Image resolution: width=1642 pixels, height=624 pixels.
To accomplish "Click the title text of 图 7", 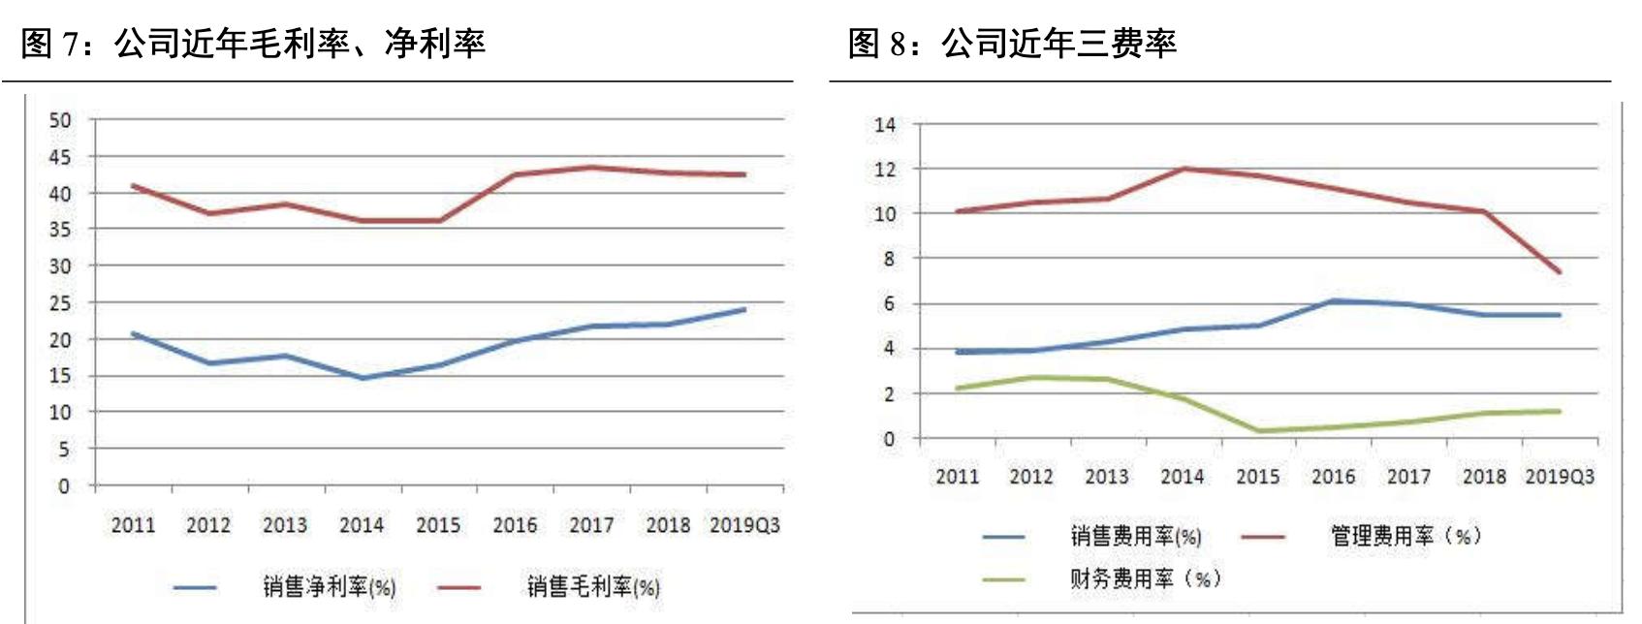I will (x=253, y=44).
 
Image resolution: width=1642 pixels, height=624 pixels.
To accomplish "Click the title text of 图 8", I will (x=1012, y=44).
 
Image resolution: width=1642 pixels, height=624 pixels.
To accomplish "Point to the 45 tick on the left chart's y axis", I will (x=60, y=157).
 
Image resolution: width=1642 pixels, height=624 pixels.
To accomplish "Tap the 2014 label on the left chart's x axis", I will (x=362, y=525).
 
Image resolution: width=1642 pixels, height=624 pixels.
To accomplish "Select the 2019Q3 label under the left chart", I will (x=744, y=525).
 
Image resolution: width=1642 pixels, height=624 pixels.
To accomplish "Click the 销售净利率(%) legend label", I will (x=330, y=586).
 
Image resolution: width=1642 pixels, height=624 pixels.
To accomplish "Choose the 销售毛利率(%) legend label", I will (x=593, y=586).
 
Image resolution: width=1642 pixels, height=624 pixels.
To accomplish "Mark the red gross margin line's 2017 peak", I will (x=591, y=168).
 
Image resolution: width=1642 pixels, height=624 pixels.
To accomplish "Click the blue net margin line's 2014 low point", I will (x=363, y=378).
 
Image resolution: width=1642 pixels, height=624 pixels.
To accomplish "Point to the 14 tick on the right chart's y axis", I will (x=885, y=124).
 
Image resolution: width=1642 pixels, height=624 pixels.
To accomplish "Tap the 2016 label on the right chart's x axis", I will (x=1333, y=477).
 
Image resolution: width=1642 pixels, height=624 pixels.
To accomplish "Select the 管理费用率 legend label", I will (x=1405, y=536).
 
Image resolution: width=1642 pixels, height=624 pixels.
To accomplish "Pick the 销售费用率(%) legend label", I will (x=1136, y=536).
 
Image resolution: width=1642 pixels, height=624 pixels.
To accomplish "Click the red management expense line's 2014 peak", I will (x=1184, y=169).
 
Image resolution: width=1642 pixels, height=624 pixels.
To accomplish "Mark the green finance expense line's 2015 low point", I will (x=1258, y=431).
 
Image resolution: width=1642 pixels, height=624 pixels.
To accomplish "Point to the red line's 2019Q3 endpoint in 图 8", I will (x=1560, y=272).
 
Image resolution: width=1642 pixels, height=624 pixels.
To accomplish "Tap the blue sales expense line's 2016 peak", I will (x=1334, y=301).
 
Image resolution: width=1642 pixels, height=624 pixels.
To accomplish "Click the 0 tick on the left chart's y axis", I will (x=64, y=485).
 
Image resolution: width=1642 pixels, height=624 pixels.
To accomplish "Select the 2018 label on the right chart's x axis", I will (x=1484, y=477).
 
